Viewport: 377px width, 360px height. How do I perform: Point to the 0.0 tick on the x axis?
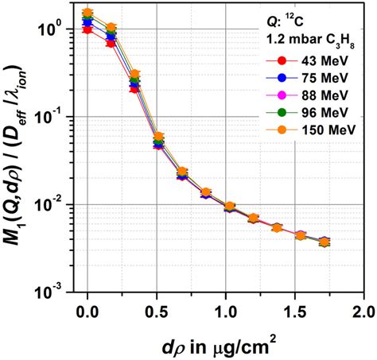tap(87, 308)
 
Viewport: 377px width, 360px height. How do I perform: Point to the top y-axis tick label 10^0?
tap(63, 29)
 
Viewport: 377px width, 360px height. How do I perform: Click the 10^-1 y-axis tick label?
tap(63, 117)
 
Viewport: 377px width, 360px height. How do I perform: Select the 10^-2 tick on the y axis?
tap(63, 205)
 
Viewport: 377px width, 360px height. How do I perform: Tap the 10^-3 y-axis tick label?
tap(63, 292)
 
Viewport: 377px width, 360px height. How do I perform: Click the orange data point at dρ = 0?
tap(87, 14)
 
